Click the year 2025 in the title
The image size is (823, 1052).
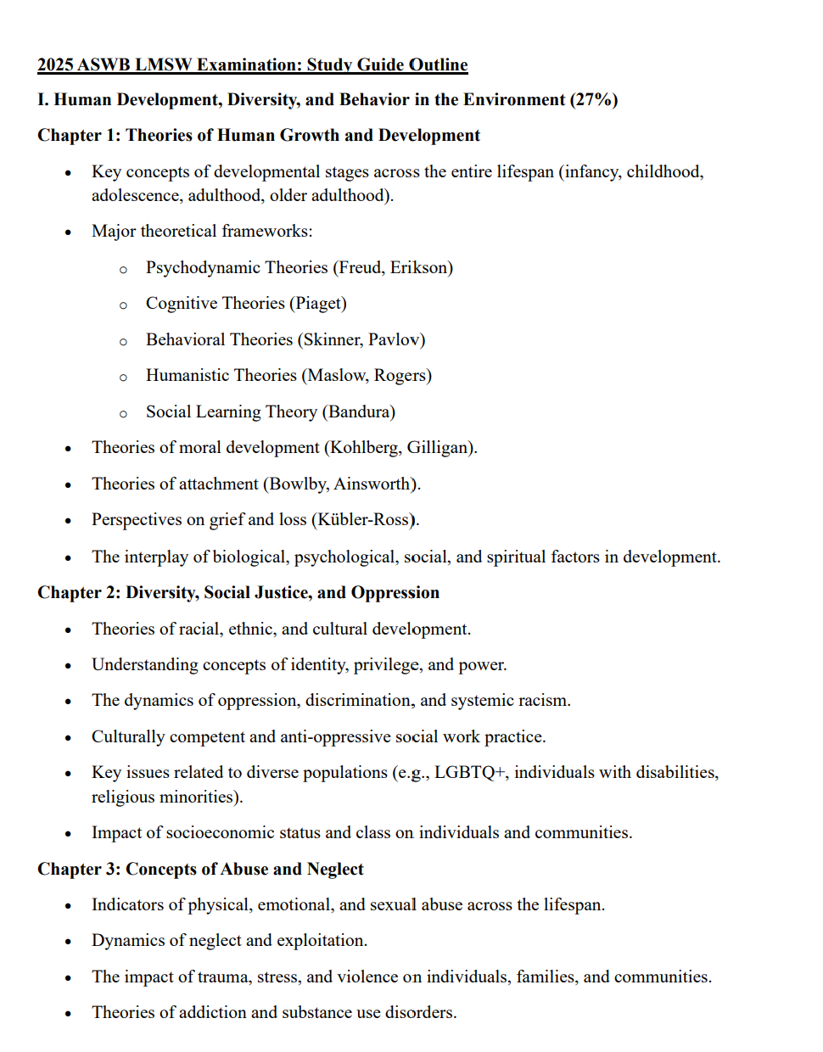pyautogui.click(x=55, y=65)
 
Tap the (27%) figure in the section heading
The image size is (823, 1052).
pyautogui.click(x=594, y=100)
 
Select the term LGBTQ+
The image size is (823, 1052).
pyautogui.click(x=470, y=773)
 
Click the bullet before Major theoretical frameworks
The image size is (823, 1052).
pyautogui.click(x=68, y=232)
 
